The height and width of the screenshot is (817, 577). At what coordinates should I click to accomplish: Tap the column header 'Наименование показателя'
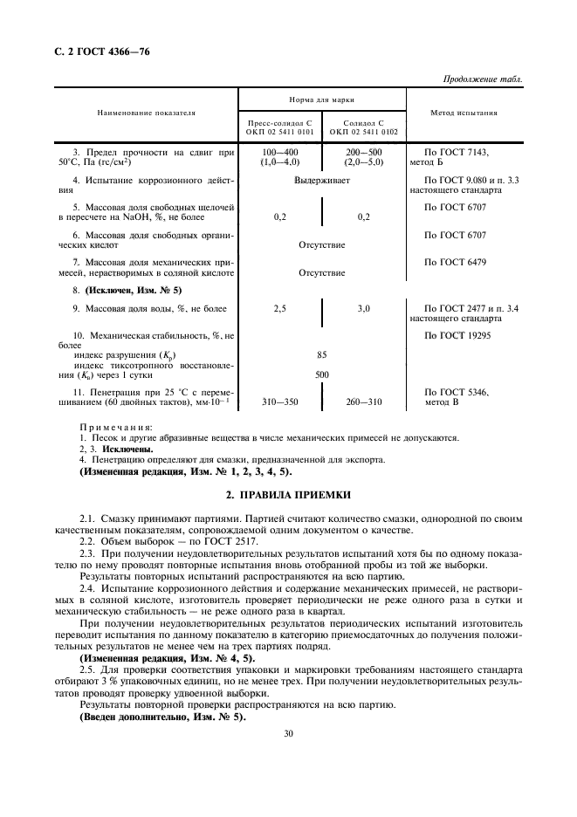146,113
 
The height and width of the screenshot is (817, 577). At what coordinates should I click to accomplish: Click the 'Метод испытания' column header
465,113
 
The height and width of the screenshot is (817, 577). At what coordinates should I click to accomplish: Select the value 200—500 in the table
363,152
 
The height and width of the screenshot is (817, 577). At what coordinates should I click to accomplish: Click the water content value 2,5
280,309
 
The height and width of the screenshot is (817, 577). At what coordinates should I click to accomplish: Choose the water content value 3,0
363,309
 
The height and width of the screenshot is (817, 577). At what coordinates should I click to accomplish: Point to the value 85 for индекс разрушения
322,355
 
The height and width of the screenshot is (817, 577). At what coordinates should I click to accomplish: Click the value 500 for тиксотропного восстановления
322,374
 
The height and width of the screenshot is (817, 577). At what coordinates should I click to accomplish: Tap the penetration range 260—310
363,402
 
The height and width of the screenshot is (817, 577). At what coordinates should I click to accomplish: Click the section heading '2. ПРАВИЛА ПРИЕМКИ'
288,493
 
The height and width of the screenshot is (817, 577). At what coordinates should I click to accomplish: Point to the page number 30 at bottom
288,733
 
